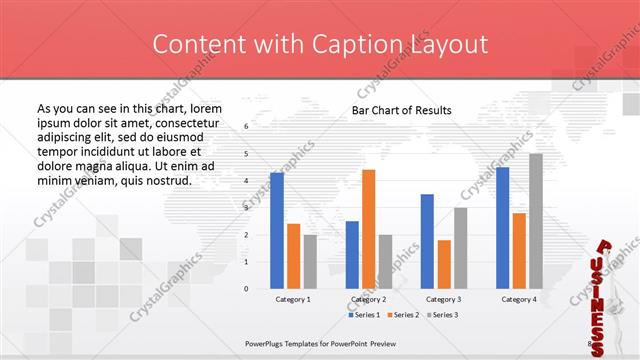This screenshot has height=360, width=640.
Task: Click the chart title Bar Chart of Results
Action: tap(401, 110)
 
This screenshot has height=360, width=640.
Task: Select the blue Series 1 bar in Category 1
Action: tap(277, 230)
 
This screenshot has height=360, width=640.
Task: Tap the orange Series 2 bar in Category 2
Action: tap(368, 229)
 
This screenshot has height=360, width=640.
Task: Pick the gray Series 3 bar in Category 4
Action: tap(536, 221)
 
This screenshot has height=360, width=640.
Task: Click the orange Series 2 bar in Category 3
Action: tap(444, 264)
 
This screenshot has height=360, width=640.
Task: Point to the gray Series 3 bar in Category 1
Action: tap(310, 262)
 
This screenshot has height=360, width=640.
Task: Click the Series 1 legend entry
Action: tap(366, 315)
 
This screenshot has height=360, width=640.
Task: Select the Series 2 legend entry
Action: tap(402, 315)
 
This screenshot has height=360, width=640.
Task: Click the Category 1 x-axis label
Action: tap(293, 299)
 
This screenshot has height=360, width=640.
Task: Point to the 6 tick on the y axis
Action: tap(246, 127)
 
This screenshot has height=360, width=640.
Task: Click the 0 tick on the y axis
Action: tap(246, 289)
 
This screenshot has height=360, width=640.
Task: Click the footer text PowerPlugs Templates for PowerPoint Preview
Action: tap(314, 340)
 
